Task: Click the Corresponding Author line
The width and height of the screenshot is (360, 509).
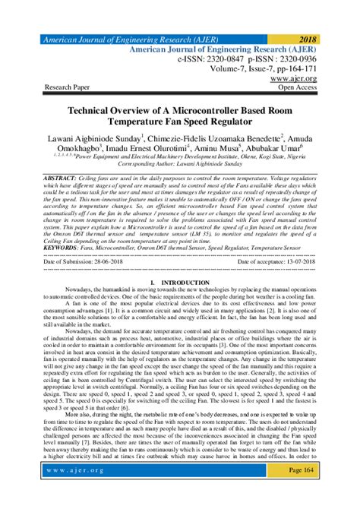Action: pos(180,164)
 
